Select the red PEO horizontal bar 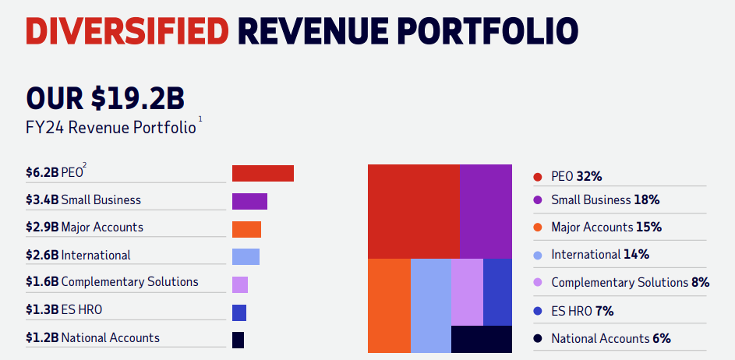263,173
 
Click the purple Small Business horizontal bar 249,201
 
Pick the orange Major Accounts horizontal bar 246,229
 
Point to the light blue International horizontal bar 246,256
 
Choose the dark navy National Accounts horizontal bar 238,340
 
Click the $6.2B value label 41,172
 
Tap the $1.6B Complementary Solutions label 112,282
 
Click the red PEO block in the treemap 413,210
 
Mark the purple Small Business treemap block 485,210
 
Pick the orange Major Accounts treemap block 389,305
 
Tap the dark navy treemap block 481,339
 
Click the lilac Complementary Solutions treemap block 467,291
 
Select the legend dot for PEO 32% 537,177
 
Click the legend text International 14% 599,254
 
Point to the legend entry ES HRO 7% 581,310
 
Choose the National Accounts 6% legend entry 610,338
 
